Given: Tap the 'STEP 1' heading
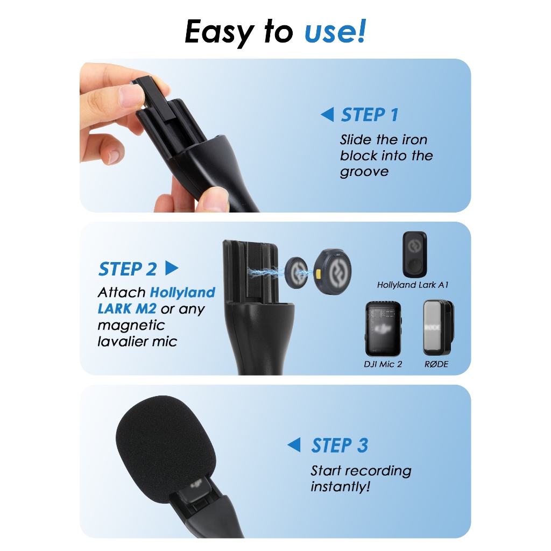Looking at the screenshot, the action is click(x=370, y=115).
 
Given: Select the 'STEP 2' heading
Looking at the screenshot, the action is click(x=128, y=269).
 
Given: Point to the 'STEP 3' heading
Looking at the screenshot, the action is click(x=340, y=445).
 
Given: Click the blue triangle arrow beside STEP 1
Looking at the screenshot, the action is click(x=328, y=115).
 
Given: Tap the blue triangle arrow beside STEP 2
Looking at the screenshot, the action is click(x=172, y=268).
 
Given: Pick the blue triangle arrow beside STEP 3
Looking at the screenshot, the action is click(x=294, y=445).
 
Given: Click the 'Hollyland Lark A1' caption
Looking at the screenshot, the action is click(x=413, y=285).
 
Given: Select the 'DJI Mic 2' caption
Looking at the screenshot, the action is click(x=383, y=364).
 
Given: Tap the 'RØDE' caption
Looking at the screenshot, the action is click(x=436, y=364).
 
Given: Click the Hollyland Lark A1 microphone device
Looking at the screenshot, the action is click(x=415, y=255).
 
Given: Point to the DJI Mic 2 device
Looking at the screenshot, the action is click(x=383, y=329).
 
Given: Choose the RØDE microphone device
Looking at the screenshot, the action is click(x=438, y=328).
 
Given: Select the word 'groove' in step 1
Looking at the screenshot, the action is click(x=364, y=172).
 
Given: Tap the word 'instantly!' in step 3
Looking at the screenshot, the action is click(x=340, y=486).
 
